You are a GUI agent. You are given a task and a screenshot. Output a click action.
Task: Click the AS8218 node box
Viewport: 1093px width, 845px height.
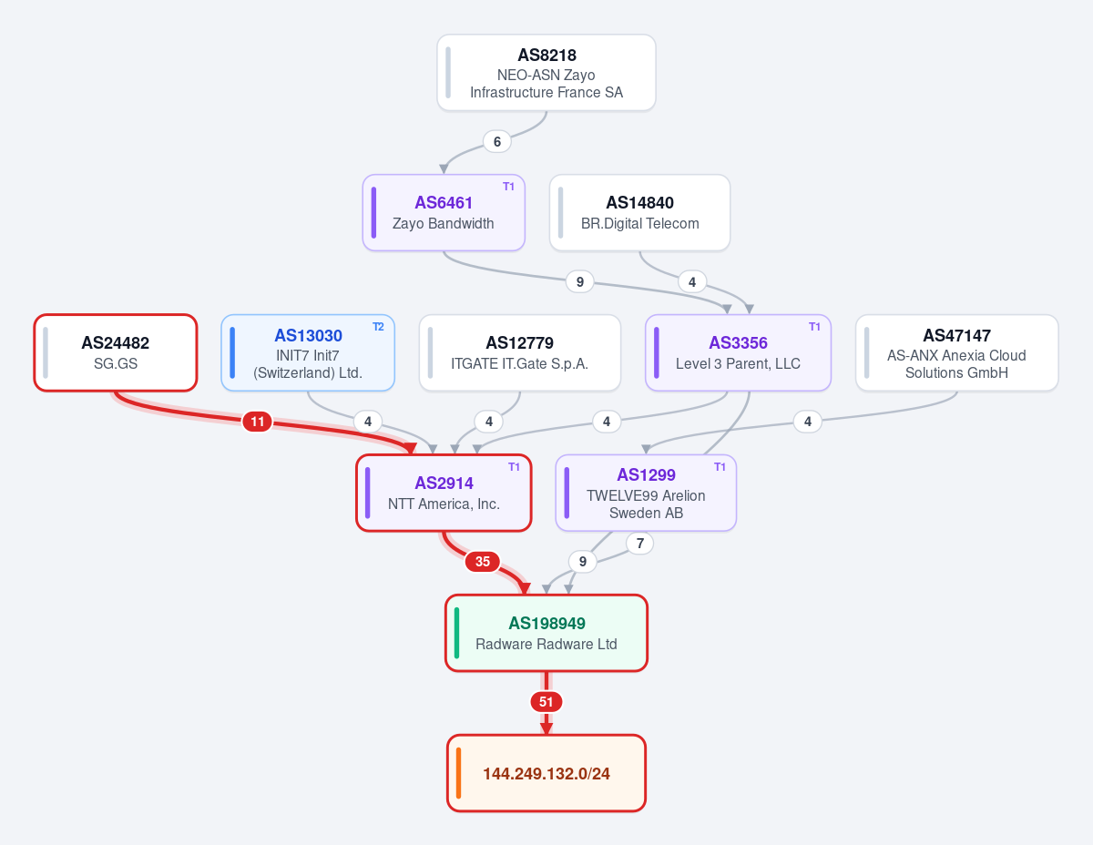click(x=546, y=72)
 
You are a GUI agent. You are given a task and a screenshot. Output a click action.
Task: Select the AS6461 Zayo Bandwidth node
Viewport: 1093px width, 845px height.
click(x=444, y=213)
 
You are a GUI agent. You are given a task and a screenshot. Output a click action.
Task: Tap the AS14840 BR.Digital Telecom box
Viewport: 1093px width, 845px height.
click(x=639, y=213)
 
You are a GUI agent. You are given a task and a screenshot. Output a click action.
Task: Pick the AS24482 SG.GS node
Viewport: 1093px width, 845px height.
click(x=115, y=352)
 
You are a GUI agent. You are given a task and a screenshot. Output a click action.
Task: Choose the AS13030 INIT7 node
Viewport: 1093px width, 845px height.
click(x=308, y=352)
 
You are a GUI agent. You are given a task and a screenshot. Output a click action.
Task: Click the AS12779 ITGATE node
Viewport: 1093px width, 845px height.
click(x=519, y=352)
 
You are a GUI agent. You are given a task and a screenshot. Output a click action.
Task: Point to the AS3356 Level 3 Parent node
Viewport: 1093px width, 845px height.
click(x=738, y=352)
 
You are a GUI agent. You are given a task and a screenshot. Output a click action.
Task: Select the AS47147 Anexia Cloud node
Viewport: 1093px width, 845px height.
click(x=956, y=352)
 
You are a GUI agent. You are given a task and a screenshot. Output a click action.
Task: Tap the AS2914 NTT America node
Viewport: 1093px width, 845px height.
click(x=444, y=493)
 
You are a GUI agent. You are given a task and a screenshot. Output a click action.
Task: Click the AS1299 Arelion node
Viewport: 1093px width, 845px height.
click(x=646, y=493)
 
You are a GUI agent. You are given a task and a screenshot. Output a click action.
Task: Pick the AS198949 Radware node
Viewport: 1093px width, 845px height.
click(x=546, y=633)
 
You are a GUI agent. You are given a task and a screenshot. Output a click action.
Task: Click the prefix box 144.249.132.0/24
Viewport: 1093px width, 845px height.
click(x=546, y=773)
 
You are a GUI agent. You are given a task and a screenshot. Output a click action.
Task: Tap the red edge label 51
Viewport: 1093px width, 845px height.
click(x=546, y=702)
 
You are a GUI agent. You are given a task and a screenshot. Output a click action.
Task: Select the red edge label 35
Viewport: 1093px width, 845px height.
click(x=483, y=562)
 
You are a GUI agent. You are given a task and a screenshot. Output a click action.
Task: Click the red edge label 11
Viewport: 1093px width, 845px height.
click(x=257, y=422)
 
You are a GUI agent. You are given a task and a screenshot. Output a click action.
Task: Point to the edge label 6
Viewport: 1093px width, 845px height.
click(x=497, y=142)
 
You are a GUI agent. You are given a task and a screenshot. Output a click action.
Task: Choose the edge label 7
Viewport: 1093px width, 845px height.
click(x=639, y=544)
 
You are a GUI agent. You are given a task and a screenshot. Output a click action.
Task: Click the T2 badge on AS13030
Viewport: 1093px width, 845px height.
click(x=378, y=327)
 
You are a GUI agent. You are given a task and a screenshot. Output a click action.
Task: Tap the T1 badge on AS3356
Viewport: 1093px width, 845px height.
click(x=814, y=327)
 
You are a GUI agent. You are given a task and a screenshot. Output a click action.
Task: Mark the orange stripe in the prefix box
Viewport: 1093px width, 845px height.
click(x=458, y=773)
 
